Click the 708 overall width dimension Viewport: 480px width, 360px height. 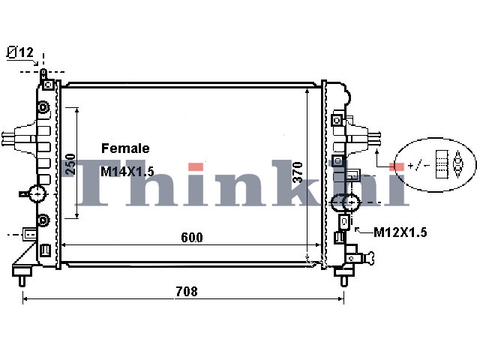click(187, 291)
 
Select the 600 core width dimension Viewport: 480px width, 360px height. click(192, 237)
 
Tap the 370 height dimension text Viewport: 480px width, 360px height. click(298, 172)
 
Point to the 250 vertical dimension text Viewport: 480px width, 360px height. click(70, 164)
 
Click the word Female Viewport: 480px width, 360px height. click(125, 148)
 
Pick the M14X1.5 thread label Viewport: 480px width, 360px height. click(127, 172)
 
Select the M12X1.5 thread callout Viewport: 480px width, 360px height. click(400, 232)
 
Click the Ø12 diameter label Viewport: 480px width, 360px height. click(20, 52)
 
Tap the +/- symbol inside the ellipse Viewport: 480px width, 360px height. click(419, 166)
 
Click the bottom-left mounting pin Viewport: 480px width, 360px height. click(22, 281)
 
